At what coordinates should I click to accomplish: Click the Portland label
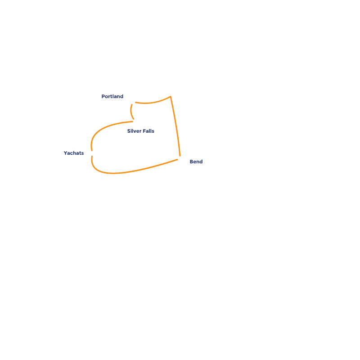(x=112, y=96)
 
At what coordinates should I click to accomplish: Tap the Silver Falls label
(x=140, y=131)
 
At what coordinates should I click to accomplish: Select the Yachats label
(x=74, y=153)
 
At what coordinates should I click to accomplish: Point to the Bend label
(x=196, y=162)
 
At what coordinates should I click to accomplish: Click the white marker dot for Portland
(x=133, y=102)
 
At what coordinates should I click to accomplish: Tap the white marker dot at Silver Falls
(x=135, y=121)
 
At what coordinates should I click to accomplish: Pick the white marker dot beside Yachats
(x=92, y=153)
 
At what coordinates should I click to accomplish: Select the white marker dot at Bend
(x=180, y=158)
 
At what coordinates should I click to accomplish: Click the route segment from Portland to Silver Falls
(x=131, y=111)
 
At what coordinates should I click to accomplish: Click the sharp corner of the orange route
(x=171, y=96)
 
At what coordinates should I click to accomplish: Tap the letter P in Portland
(x=103, y=96)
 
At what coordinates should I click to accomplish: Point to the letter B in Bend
(x=191, y=162)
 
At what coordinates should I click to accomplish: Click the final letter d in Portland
(x=121, y=96)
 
